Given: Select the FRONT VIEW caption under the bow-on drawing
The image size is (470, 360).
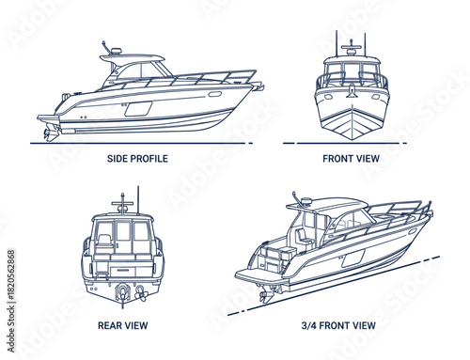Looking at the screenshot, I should point(351,159).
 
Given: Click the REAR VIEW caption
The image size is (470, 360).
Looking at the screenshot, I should point(122,326).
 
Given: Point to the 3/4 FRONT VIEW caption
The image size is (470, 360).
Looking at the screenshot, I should point(340,326).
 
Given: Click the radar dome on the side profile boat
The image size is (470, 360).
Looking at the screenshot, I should point(112,51).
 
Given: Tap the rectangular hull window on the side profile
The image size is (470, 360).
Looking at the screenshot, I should point(138,109).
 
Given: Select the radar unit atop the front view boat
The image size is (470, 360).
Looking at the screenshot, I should point(351,43).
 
